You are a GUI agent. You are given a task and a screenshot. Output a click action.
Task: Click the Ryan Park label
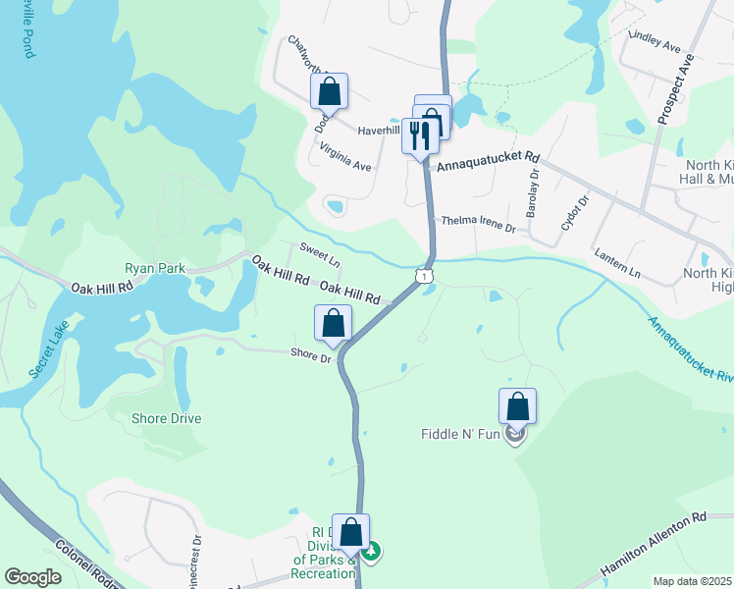[x=154, y=267]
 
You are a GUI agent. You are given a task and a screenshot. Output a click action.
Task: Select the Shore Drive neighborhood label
[x=167, y=419]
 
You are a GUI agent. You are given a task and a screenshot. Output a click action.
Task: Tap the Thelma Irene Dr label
[x=478, y=225]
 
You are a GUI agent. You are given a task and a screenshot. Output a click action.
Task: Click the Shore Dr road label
[x=312, y=354]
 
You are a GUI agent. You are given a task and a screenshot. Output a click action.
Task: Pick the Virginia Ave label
[x=345, y=157]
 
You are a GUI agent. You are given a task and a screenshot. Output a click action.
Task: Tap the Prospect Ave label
[x=675, y=88]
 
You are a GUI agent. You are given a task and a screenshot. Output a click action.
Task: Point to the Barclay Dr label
[x=533, y=194]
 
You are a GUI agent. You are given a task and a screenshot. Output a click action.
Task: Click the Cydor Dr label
[x=573, y=211]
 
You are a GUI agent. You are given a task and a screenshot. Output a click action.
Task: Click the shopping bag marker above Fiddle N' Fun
[x=517, y=406]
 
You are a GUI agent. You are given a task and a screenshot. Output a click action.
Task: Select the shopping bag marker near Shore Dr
[x=334, y=324]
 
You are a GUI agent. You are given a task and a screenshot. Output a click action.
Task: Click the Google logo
[x=33, y=577]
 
